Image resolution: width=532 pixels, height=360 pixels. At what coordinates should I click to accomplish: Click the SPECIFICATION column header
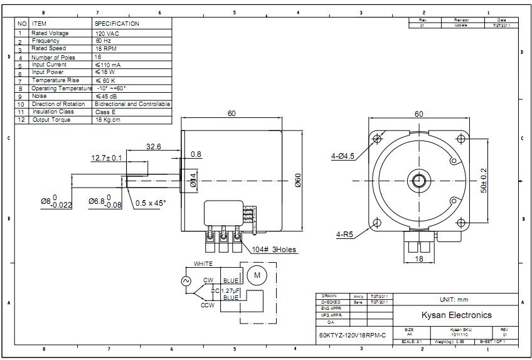[117, 24]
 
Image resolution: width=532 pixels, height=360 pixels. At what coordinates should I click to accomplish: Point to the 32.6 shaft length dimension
[154, 146]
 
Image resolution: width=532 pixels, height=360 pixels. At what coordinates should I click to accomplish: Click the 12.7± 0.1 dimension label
[107, 158]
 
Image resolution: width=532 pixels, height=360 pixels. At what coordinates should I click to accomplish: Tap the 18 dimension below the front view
[419, 259]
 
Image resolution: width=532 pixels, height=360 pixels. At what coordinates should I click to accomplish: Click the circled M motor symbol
[257, 274]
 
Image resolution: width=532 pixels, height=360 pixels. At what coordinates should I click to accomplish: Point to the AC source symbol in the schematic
[186, 282]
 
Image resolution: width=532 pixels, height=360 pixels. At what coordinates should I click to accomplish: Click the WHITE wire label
[203, 264]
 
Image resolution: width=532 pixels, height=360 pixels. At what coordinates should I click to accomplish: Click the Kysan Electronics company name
[455, 315]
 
